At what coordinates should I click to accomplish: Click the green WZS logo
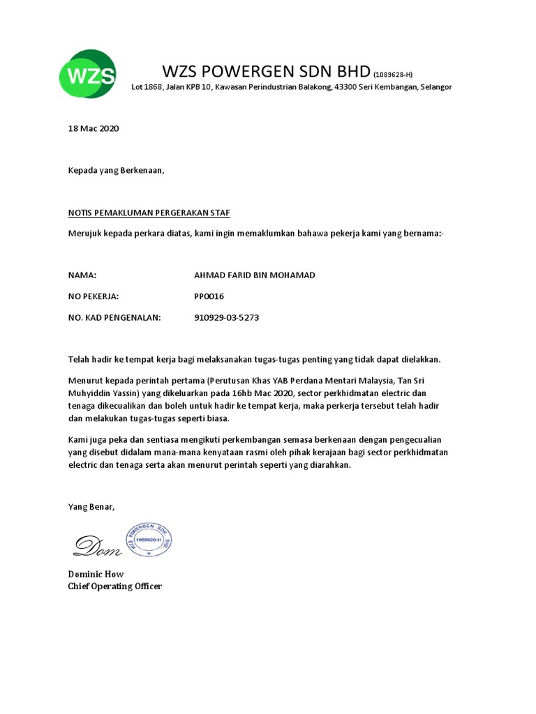tap(87, 73)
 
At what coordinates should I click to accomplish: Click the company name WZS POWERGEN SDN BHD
tap(267, 71)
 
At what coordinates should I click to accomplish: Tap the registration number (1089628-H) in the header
tap(393, 75)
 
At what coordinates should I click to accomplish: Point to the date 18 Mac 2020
tap(94, 129)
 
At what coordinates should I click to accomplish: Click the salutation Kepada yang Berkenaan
tap(117, 170)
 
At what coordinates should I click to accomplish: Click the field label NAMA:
tap(82, 275)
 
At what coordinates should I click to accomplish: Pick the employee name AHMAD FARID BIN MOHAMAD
tap(254, 275)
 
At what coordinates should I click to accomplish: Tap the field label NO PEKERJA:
tap(94, 296)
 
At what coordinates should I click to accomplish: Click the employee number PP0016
tap(209, 296)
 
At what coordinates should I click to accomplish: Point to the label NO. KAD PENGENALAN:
tap(114, 317)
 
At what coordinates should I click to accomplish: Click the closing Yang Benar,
tap(91, 506)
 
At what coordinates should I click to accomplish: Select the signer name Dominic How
tap(96, 574)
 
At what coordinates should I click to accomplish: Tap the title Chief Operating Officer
tap(114, 586)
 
